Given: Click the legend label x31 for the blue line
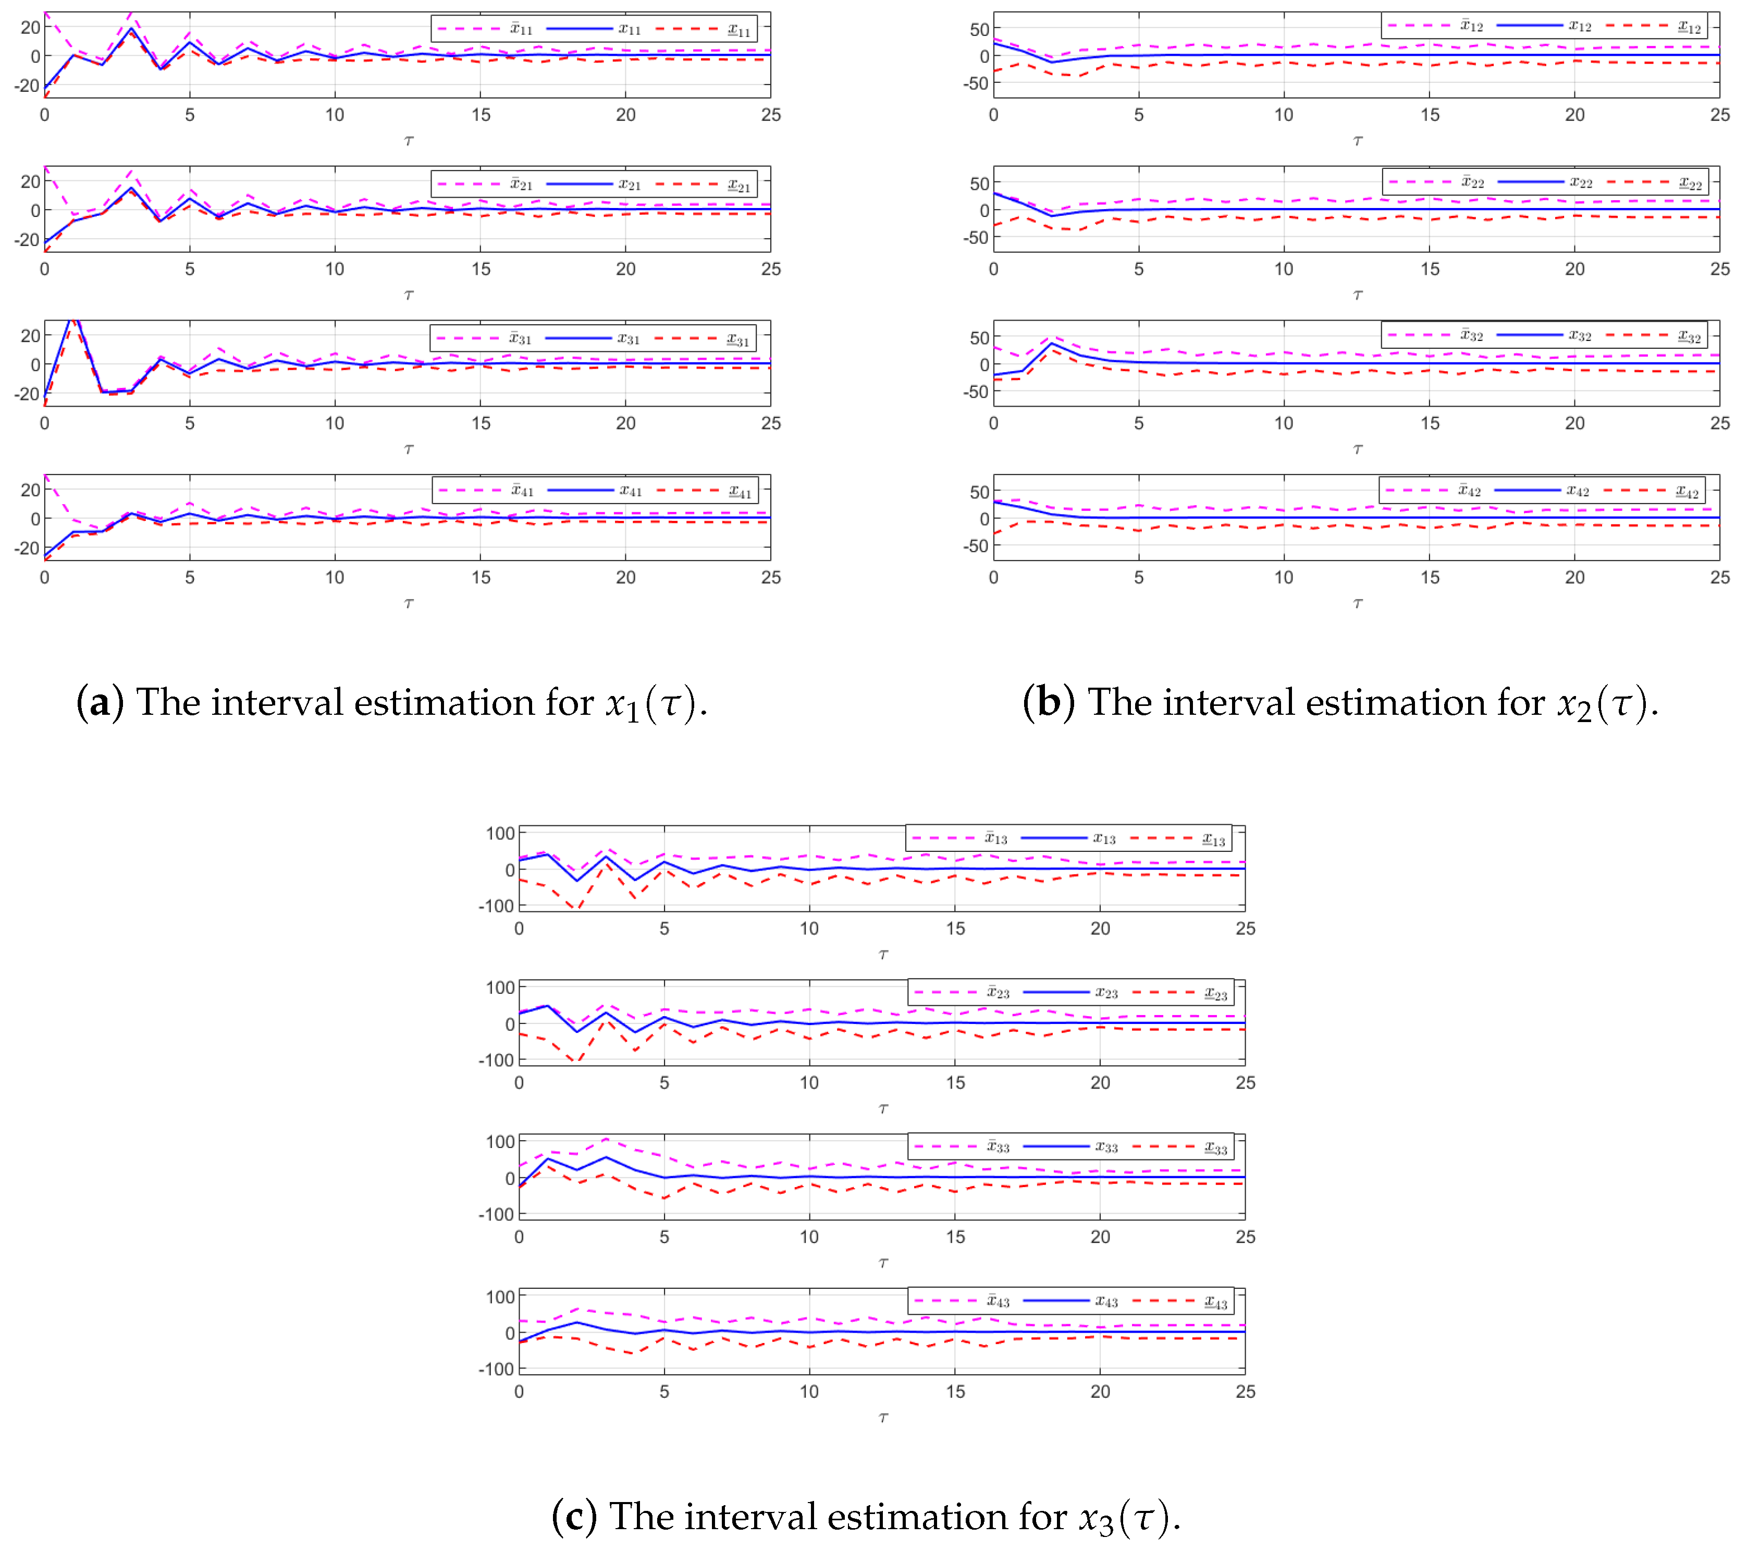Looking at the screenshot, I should [x=629, y=339].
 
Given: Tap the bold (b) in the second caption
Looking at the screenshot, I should [x=1049, y=703].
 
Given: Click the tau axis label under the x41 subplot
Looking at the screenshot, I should [x=409, y=604].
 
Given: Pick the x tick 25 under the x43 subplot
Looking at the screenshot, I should [x=1245, y=1392].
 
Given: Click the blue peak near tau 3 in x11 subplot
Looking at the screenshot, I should [x=132, y=29].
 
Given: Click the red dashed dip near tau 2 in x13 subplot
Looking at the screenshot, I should [x=577, y=908].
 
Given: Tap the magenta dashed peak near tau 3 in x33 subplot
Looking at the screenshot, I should [x=606, y=1139].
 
